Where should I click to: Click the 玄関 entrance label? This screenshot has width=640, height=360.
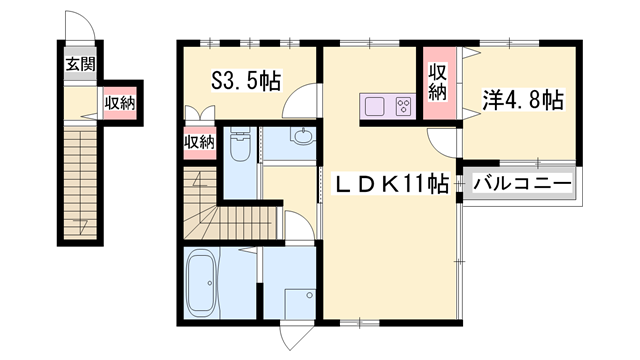[x=81, y=66]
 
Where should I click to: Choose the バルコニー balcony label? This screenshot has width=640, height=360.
[x=521, y=185]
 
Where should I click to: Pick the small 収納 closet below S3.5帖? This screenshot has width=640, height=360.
[x=199, y=142]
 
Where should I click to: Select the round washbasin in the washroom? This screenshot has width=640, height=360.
[x=302, y=137]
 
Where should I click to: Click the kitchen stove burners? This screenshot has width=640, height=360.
[x=404, y=105]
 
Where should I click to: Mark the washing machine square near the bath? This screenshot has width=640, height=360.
[x=299, y=306]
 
